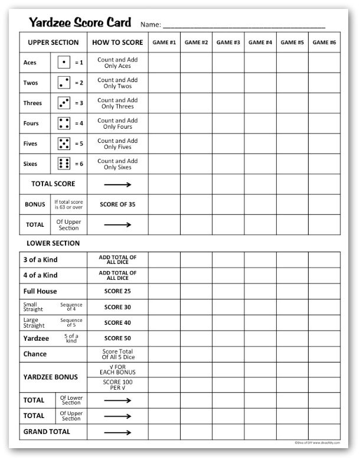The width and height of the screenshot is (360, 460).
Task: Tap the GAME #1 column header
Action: pyautogui.click(x=164, y=43)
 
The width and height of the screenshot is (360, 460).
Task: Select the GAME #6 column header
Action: pyautogui.click(x=324, y=43)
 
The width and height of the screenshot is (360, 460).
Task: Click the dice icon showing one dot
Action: pyautogui.click(x=64, y=62)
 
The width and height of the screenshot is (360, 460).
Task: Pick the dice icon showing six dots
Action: pyautogui.click(x=64, y=164)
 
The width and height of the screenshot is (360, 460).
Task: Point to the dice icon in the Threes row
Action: pyautogui.click(x=64, y=103)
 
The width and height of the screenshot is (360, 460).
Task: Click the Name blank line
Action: pyautogui.click(x=243, y=25)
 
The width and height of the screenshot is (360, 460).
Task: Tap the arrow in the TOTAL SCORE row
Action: pyautogui.click(x=117, y=184)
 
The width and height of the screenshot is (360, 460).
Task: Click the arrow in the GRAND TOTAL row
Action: pyautogui.click(x=117, y=432)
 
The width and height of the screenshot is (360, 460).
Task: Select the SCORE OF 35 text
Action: pyautogui.click(x=117, y=204)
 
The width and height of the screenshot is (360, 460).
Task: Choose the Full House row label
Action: pyautogui.click(x=40, y=292)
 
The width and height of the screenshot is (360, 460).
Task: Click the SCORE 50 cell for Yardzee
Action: pyautogui.click(x=117, y=339)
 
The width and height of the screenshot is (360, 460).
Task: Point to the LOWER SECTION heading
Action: pyautogui.click(x=53, y=243)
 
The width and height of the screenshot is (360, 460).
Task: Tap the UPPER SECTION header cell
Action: pyautogui.click(x=53, y=43)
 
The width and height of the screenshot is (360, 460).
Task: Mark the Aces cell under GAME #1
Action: pyautogui.click(x=164, y=62)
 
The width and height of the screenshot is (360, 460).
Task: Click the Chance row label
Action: pyautogui.click(x=35, y=354)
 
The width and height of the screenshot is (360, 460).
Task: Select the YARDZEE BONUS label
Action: pyautogui.click(x=50, y=377)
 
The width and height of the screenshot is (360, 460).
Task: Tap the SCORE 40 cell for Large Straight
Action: pyautogui.click(x=117, y=323)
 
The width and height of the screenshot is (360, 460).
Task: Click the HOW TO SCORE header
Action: pyautogui.click(x=117, y=43)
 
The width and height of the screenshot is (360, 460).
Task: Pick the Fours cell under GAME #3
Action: pyautogui.click(x=228, y=123)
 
